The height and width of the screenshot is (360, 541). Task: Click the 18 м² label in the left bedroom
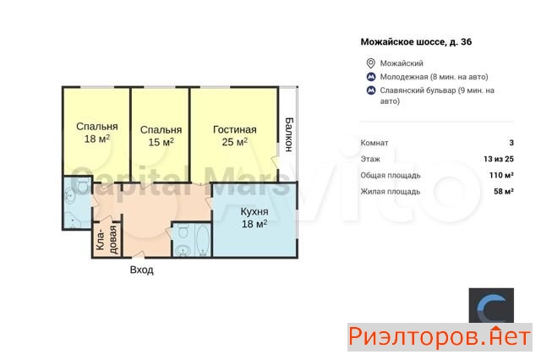(97, 139)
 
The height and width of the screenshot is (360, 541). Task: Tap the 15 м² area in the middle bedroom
(161, 142)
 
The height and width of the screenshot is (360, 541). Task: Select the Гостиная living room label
(235, 129)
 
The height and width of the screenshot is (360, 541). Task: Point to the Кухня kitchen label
(254, 211)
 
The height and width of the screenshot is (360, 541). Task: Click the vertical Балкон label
(289, 134)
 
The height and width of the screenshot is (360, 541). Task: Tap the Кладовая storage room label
(107, 240)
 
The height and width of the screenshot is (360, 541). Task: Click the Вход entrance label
(141, 270)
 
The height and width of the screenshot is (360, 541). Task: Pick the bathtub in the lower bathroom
(203, 240)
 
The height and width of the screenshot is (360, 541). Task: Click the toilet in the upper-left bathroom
(82, 186)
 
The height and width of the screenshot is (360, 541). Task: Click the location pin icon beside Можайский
(370, 63)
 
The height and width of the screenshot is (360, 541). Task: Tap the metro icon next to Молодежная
(371, 77)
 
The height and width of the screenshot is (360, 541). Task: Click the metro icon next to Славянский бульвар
(371, 90)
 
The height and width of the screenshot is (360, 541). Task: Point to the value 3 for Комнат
(511, 143)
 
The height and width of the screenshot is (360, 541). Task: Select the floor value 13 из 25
(499, 159)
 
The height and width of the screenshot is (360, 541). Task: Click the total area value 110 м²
(501, 175)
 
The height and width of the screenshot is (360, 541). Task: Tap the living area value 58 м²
(504, 191)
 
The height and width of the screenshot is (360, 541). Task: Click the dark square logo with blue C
(491, 305)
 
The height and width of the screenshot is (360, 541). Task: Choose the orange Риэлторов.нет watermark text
(440, 336)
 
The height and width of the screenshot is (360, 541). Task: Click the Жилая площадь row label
(391, 191)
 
